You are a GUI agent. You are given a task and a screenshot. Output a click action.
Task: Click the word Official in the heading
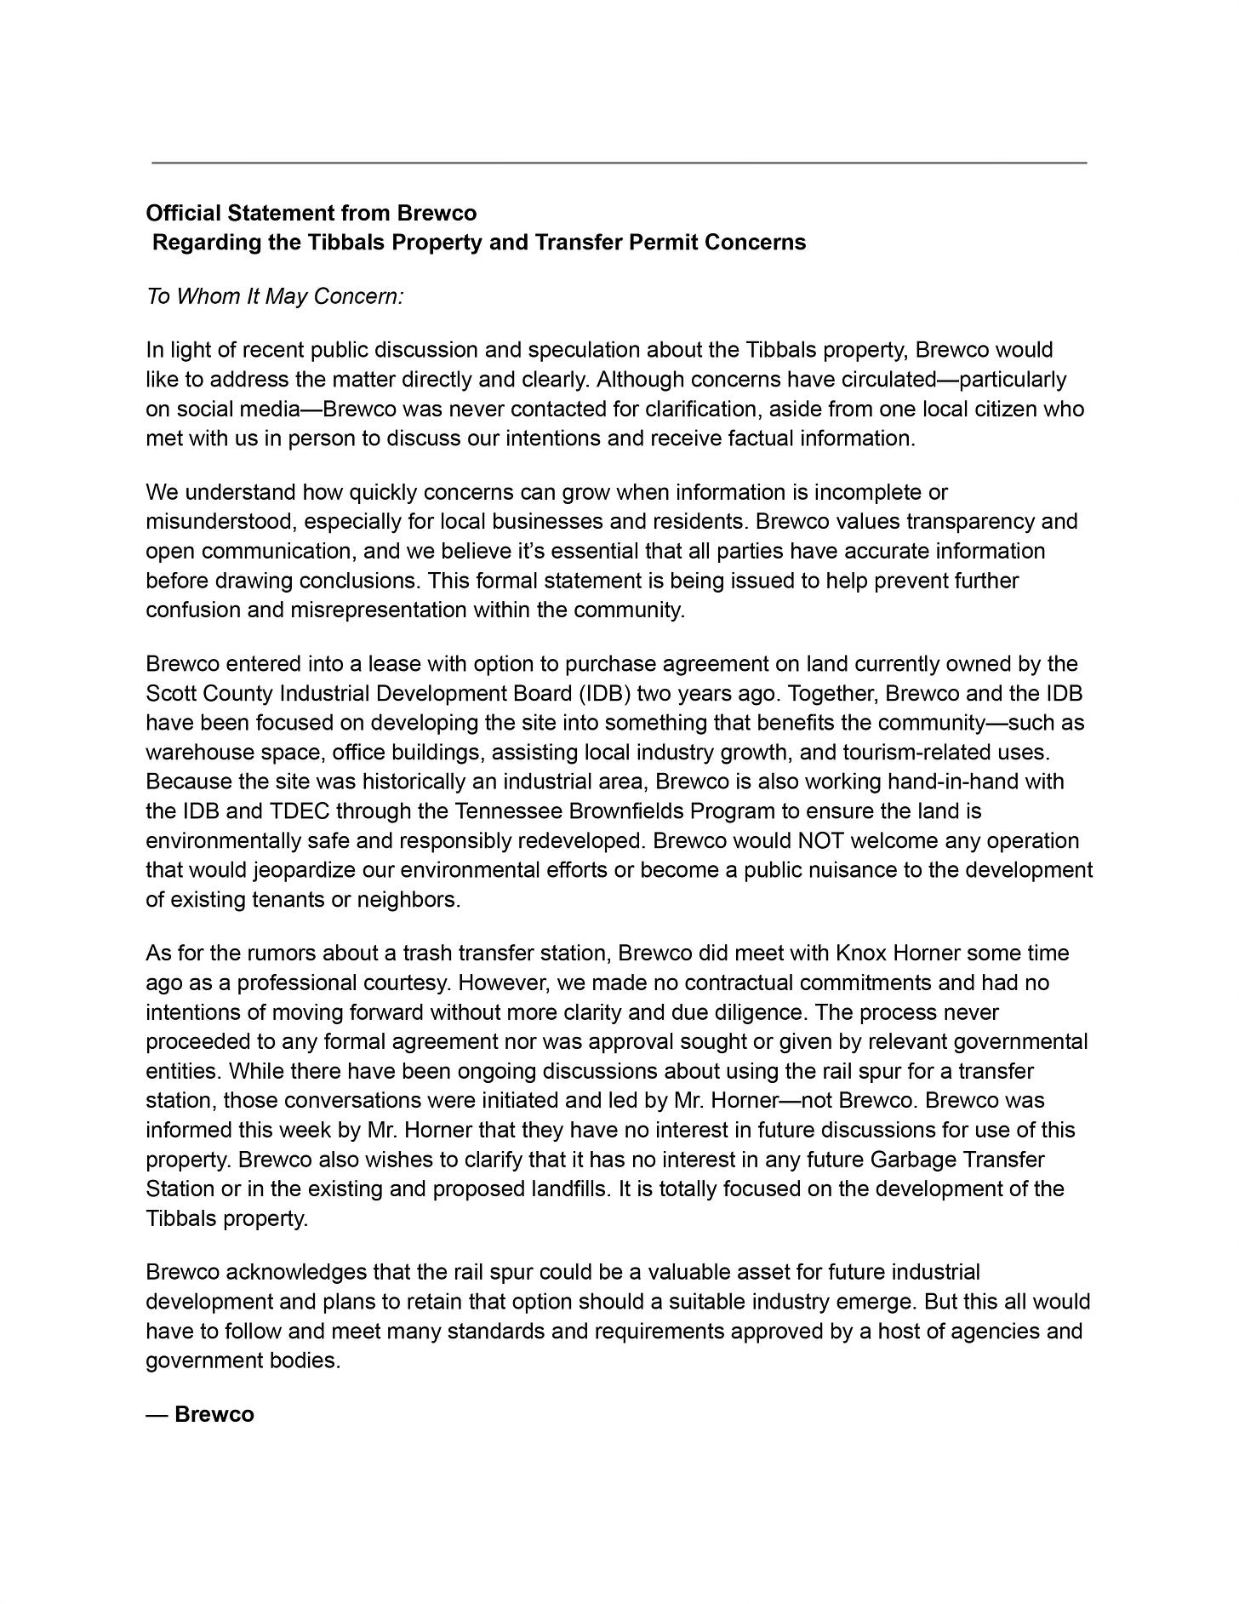(x=180, y=212)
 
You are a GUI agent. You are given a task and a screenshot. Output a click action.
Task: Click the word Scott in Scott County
(x=169, y=693)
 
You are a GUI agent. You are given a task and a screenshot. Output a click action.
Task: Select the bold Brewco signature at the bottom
(x=214, y=1414)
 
